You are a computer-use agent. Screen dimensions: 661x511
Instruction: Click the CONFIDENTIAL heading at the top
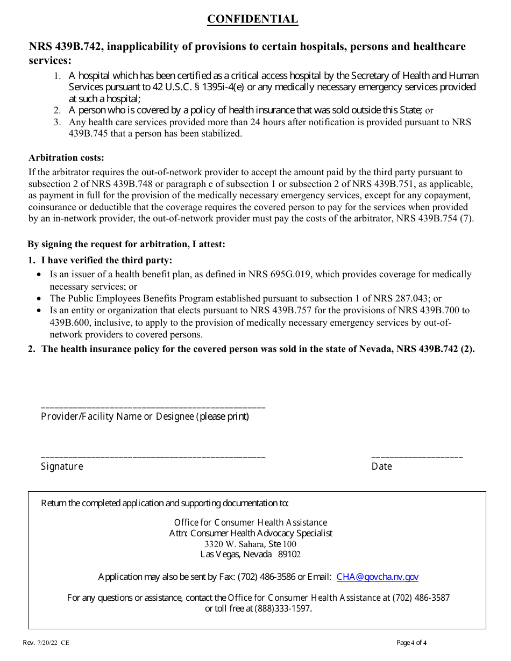pyautogui.click(x=252, y=19)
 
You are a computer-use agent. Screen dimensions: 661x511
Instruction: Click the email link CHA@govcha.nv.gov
pyautogui.click(x=377, y=577)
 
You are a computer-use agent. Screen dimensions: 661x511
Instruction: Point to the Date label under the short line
pyautogui.click(x=381, y=466)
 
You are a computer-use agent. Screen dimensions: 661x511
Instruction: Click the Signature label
pyautogui.click(x=62, y=466)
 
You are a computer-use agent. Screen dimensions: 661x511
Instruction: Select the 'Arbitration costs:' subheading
pyautogui.click(x=66, y=157)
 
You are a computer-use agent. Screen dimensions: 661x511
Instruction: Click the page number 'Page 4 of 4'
pyautogui.click(x=411, y=642)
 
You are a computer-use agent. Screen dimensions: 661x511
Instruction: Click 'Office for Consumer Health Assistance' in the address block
pyautogui.click(x=250, y=522)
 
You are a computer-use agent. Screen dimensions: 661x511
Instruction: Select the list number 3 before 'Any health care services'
pyautogui.click(x=56, y=122)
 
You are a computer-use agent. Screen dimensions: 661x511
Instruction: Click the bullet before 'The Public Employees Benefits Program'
pyautogui.click(x=39, y=298)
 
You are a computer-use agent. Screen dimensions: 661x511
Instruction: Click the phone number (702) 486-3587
pyautogui.click(x=421, y=598)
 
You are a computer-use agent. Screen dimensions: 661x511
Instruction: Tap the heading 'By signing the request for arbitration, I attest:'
pyautogui.click(x=126, y=244)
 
